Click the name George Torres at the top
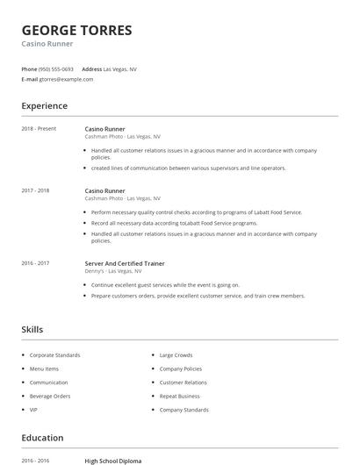(76, 31)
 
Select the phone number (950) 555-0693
(56, 68)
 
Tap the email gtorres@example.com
(66, 79)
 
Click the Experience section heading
(44, 106)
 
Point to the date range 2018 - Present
(39, 129)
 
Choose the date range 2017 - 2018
(35, 190)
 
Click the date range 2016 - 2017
(35, 263)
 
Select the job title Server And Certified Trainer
(125, 263)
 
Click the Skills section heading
(32, 330)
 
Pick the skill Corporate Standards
(54, 355)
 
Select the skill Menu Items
(44, 369)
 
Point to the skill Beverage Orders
(50, 397)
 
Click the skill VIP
(33, 410)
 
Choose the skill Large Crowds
(176, 355)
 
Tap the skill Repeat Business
(179, 397)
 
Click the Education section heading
(42, 438)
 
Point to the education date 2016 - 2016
(35, 461)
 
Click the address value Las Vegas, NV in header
(119, 68)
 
